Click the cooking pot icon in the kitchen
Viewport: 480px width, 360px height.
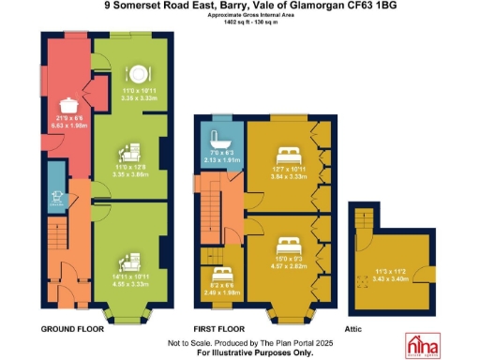click(x=68, y=106)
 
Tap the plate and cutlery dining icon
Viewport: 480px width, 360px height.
click(x=138, y=72)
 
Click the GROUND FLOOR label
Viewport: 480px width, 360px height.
click(x=72, y=330)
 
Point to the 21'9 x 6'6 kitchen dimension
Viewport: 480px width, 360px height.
click(x=67, y=123)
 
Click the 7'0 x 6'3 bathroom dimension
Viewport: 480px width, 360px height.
click(x=222, y=156)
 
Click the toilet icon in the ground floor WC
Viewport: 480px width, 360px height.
click(x=57, y=196)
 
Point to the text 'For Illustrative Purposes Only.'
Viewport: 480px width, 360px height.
click(x=241, y=352)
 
